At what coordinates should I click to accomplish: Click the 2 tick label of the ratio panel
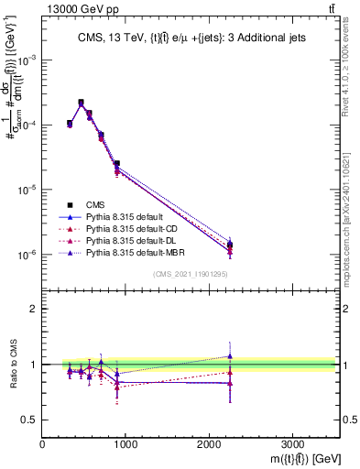[x=34, y=309]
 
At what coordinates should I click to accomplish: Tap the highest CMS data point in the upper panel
[x=82, y=103]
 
